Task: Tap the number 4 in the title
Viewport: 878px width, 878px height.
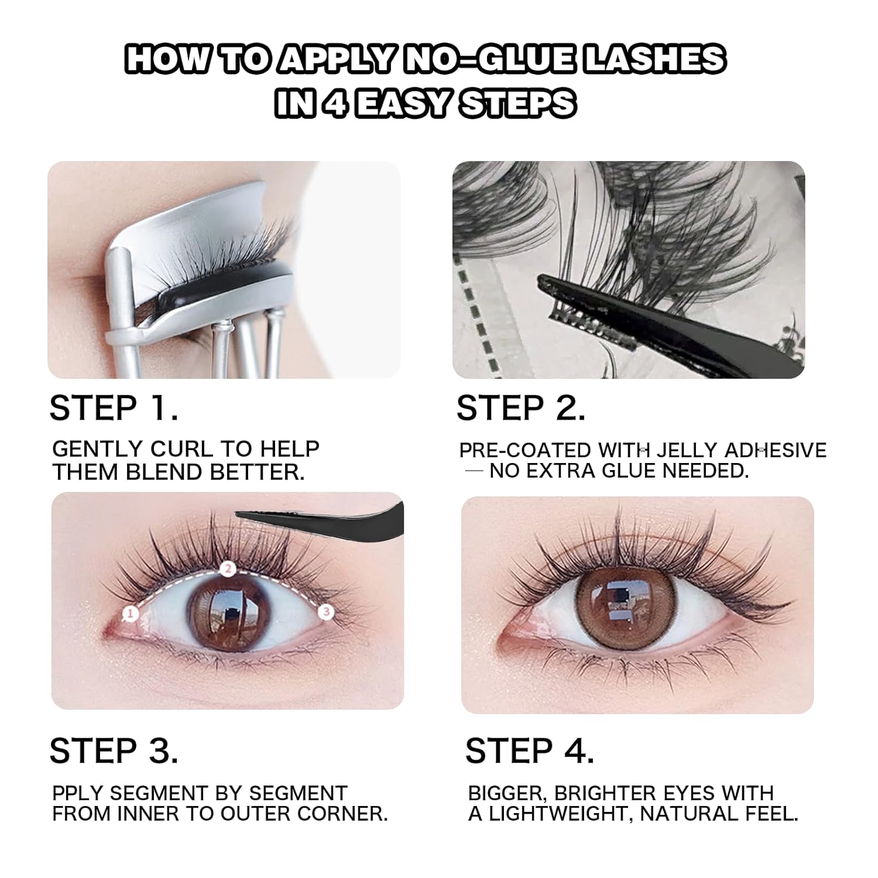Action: point(332,104)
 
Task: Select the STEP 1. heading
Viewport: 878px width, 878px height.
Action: point(114,408)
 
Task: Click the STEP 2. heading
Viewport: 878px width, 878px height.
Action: point(520,408)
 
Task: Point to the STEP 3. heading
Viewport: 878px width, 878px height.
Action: point(114,751)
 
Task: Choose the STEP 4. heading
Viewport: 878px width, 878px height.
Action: point(529,751)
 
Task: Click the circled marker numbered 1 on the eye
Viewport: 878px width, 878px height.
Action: point(130,613)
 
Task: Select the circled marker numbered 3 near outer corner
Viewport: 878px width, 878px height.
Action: point(327,612)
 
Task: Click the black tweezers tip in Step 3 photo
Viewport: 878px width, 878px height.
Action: point(246,515)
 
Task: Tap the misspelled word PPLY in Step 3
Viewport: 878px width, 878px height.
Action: point(77,794)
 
